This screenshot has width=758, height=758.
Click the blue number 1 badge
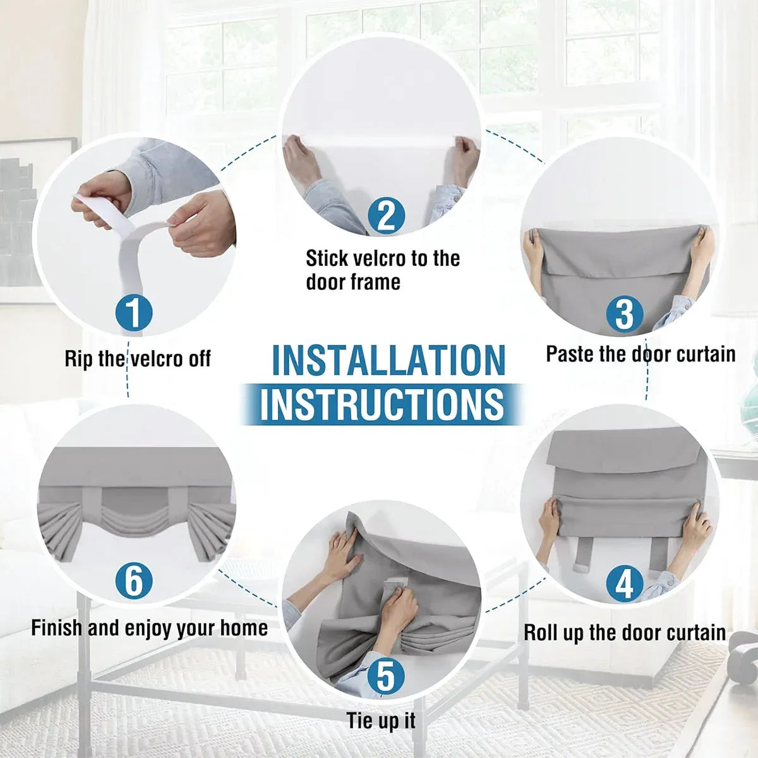134,313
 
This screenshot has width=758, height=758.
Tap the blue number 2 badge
387,216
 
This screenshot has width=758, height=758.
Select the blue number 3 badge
624,313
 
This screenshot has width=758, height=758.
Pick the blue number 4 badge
625,584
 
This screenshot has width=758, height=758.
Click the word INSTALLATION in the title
388,360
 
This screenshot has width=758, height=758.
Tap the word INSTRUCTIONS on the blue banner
382,404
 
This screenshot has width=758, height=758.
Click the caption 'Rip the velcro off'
138,358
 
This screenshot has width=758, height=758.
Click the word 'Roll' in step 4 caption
541,633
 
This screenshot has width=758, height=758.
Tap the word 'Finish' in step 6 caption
57,628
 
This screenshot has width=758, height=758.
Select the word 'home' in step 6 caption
244,628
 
